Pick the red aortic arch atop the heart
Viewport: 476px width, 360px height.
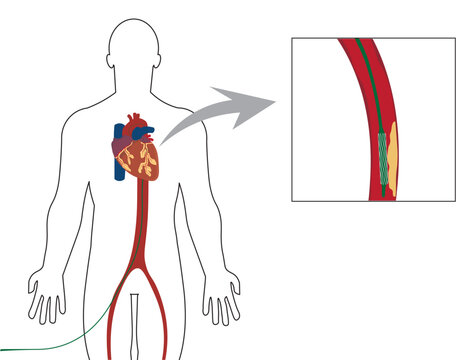[140, 121]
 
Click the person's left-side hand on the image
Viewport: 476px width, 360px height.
[44, 297]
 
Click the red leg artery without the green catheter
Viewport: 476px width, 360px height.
[158, 320]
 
